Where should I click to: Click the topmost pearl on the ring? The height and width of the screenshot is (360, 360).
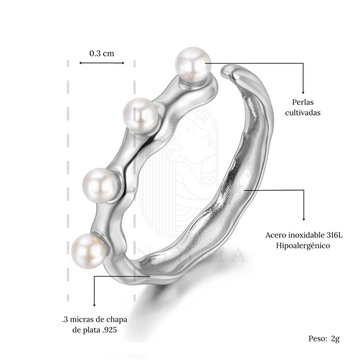click(x=193, y=64)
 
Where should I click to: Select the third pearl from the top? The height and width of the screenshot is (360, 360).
click(x=100, y=185)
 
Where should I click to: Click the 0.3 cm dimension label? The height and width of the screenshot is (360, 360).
click(x=102, y=53)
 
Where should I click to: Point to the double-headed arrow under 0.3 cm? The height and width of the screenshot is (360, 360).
click(x=102, y=63)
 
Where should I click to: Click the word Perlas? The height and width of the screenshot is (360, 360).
click(x=303, y=102)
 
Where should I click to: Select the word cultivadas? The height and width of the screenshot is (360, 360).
click(x=303, y=113)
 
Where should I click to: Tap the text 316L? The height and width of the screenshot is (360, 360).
click(x=334, y=235)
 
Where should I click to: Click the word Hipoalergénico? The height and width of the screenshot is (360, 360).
click(x=303, y=245)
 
